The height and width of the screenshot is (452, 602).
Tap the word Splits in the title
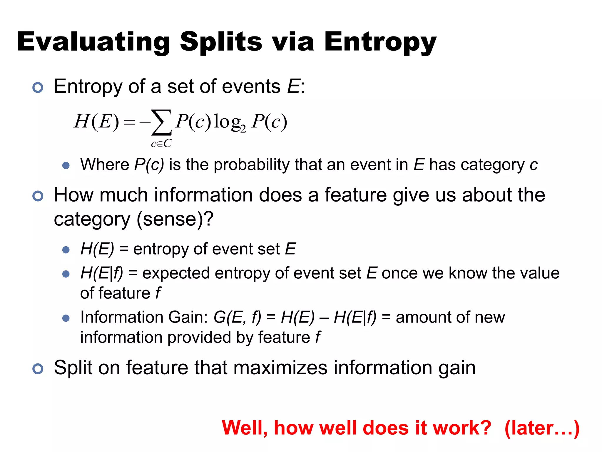click(x=221, y=41)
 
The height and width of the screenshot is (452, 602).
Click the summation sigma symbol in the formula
click(x=161, y=122)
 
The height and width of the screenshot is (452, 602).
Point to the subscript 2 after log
click(x=243, y=129)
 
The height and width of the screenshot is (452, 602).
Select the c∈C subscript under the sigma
click(x=161, y=144)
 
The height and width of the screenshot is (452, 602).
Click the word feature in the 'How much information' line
click(x=356, y=195)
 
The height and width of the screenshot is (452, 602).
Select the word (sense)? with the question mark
click(x=175, y=219)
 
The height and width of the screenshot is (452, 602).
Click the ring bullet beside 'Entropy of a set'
click(x=38, y=87)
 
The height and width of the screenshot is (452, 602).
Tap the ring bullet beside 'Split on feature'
click(x=38, y=369)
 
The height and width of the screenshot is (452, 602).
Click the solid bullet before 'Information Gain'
click(x=66, y=318)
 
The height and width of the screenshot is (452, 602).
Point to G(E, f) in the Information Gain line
click(x=237, y=318)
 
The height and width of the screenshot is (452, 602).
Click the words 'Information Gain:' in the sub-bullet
click(x=144, y=318)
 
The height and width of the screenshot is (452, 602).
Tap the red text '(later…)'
click(x=542, y=428)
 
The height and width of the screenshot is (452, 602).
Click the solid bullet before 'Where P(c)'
click(x=66, y=165)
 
